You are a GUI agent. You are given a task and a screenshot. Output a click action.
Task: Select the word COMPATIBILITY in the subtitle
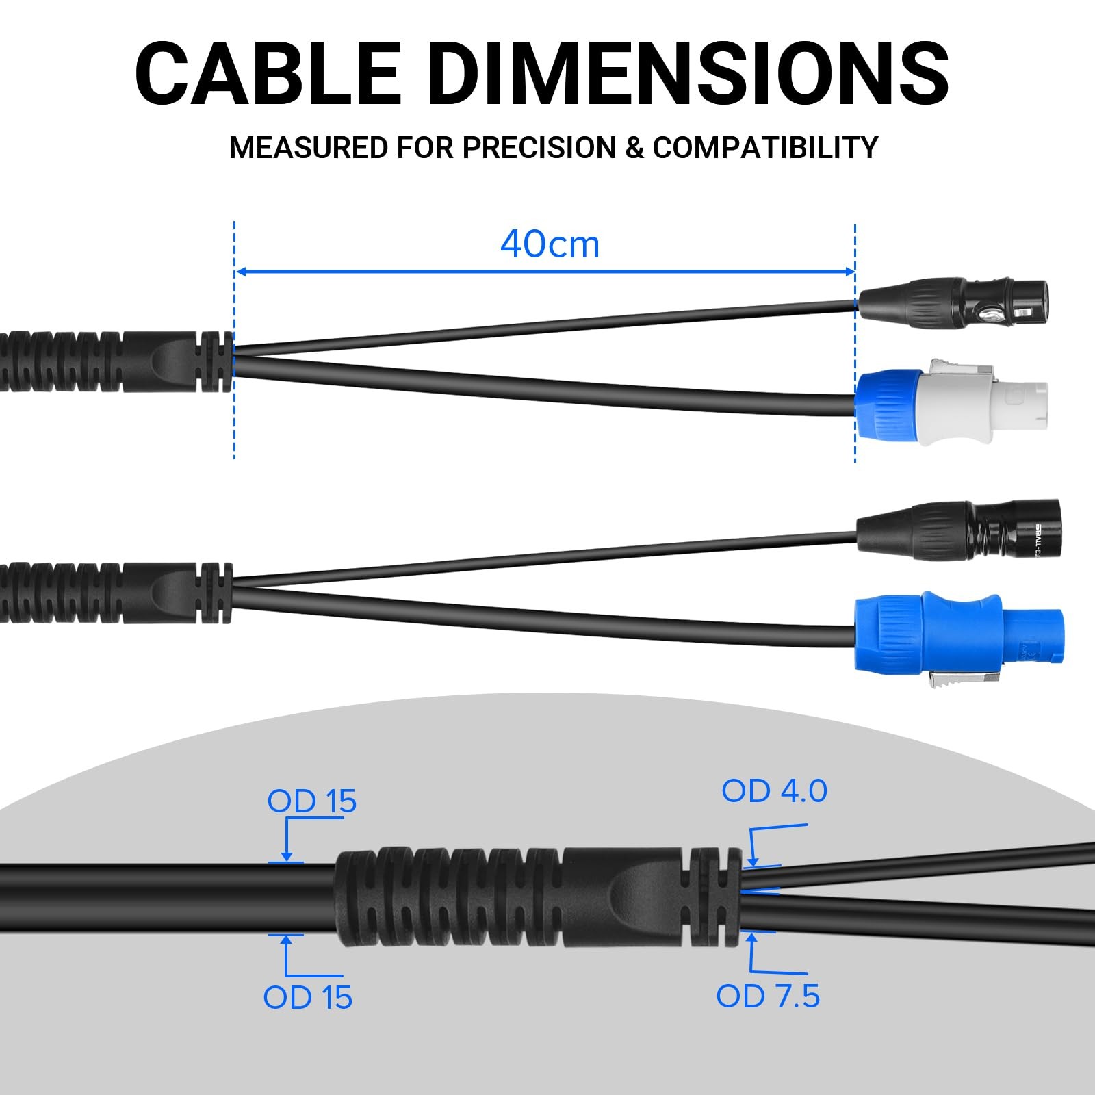click(x=765, y=148)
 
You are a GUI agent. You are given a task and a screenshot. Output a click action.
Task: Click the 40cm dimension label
click(x=550, y=244)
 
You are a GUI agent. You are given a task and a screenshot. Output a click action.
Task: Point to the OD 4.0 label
click(x=774, y=791)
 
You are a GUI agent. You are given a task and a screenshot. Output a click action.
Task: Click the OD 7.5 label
click(x=768, y=996)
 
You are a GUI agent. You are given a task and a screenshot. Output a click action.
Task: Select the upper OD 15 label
click(x=312, y=801)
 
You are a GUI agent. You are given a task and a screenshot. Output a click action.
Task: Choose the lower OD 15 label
click(x=308, y=998)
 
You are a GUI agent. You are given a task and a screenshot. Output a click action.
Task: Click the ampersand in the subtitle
click(x=634, y=149)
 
